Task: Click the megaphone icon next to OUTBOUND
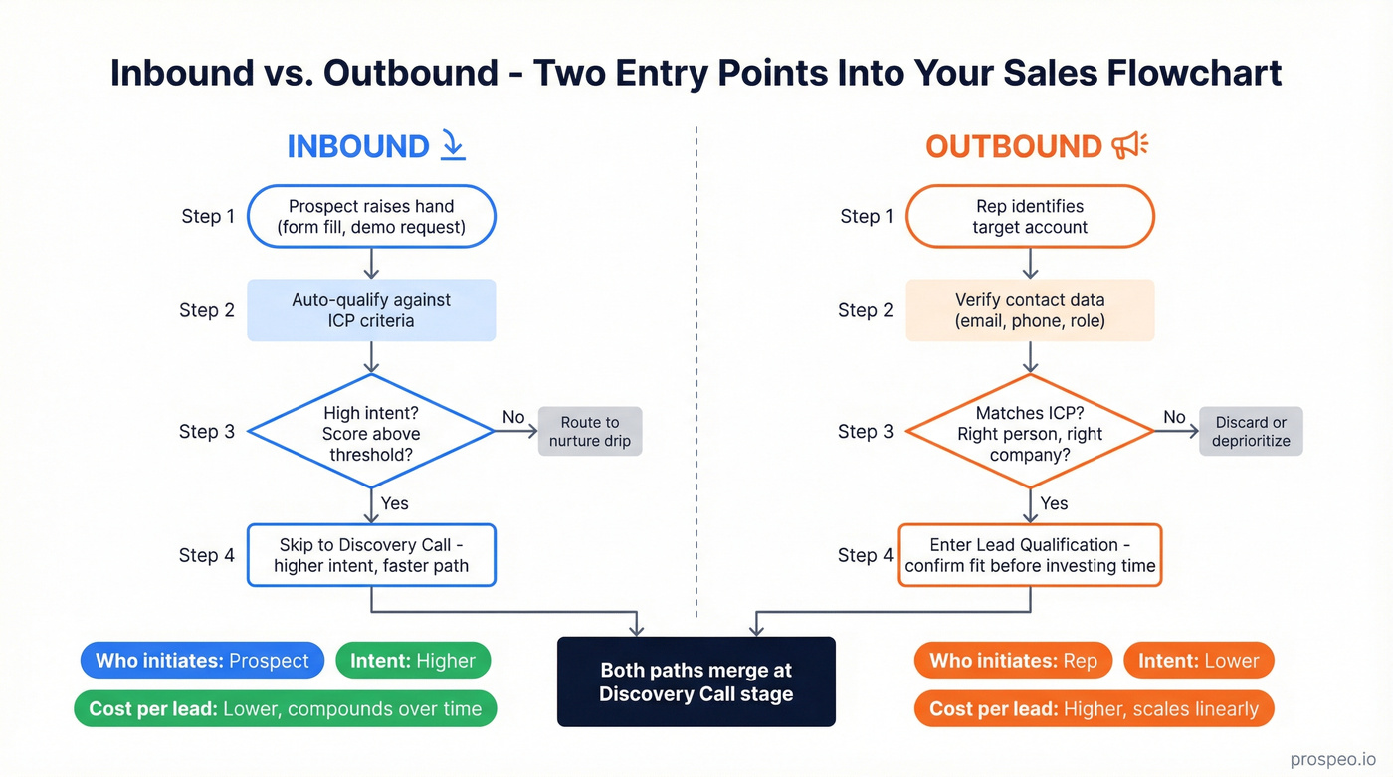coord(1130,146)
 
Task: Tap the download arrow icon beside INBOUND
coord(452,146)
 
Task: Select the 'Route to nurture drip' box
coord(590,431)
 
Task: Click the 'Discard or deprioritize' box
coord(1251,431)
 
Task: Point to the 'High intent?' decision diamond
coord(371,432)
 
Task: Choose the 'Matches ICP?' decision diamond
coord(1030,432)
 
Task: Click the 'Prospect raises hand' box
coord(371,216)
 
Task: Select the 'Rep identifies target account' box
coord(1030,216)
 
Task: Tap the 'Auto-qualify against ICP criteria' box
coord(371,310)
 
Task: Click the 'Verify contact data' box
coord(1030,310)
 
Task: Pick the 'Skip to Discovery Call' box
coord(371,555)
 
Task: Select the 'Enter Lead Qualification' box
coord(1030,555)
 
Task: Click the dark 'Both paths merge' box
coord(696,681)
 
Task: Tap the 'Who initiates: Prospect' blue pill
coord(203,661)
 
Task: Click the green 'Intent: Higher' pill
coord(413,661)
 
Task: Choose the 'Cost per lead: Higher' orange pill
coord(1094,709)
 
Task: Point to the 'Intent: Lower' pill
coord(1198,661)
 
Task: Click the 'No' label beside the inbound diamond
coord(513,417)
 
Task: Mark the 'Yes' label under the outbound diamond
coord(1054,503)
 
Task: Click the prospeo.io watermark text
coord(1332,759)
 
